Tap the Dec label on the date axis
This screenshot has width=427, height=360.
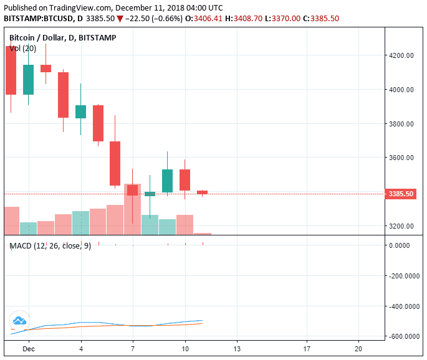(29, 349)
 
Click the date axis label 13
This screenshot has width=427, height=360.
(236, 349)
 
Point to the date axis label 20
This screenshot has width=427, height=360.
(358, 349)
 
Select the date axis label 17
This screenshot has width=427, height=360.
(305, 349)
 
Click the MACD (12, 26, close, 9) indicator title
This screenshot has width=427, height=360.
(50, 246)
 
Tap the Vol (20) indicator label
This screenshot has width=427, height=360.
(22, 48)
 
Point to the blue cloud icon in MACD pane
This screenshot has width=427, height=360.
(19, 320)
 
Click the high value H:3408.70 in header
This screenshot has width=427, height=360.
(244, 19)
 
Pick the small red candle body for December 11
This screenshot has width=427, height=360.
(203, 192)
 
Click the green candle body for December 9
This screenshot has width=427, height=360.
(168, 181)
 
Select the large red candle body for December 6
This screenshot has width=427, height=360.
(115, 163)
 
